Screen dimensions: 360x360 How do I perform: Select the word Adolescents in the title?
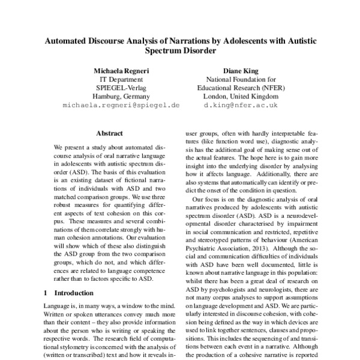(244, 41)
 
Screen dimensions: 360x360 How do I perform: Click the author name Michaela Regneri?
(121, 70)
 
